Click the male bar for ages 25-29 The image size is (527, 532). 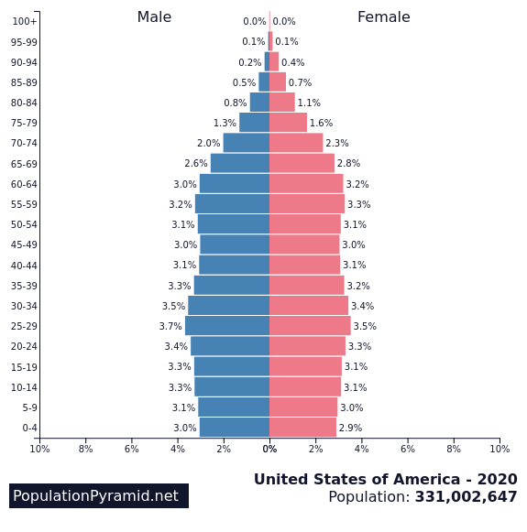(227, 326)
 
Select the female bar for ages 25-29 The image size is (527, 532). (310, 326)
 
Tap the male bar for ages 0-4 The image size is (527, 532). (235, 428)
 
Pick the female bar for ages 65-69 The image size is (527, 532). (302, 163)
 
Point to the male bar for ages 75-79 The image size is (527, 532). (254, 123)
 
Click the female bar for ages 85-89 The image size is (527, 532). (278, 82)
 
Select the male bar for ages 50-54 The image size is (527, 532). (234, 224)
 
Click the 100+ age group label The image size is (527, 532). (25, 21)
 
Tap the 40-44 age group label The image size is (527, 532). (23, 266)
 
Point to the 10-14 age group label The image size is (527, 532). (23, 387)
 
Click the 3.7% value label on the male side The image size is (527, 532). (170, 326)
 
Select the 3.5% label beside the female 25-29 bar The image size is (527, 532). (365, 326)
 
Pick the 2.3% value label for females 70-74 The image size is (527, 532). (337, 143)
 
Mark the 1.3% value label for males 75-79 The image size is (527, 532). (225, 123)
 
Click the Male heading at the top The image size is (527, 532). (154, 17)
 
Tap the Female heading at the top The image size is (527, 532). (383, 17)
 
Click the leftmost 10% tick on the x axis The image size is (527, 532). (39, 449)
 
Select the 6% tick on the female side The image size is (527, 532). (408, 449)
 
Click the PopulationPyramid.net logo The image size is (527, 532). (98, 495)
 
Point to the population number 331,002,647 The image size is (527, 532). (466, 497)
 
